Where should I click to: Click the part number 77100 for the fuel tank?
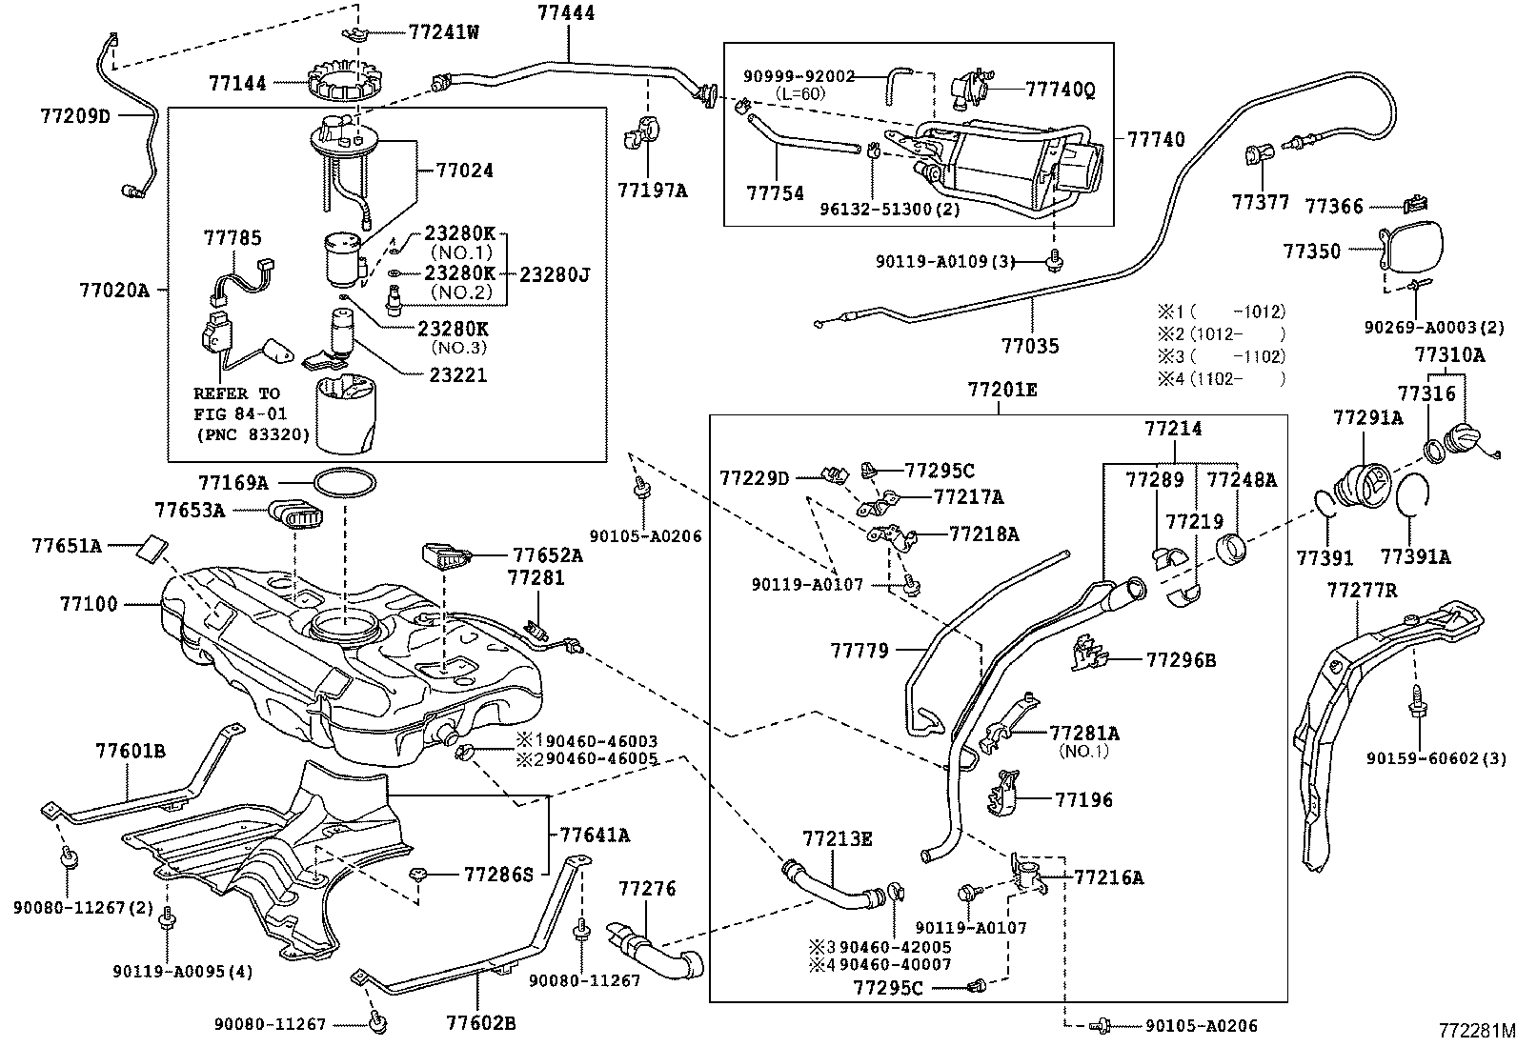pos(89,604)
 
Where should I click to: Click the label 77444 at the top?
pos(566,13)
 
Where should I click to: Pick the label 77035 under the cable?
pos(1029,346)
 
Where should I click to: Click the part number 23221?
pos(457,375)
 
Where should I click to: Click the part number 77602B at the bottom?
pos(481,1024)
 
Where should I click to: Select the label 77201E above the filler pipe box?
pos(1002,390)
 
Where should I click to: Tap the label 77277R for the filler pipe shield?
pos(1362,591)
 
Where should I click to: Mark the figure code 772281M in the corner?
pos(1476,1031)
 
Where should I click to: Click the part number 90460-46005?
pos(587,759)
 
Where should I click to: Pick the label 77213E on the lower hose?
pos(837,839)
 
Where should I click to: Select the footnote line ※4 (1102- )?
pos(1221,379)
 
